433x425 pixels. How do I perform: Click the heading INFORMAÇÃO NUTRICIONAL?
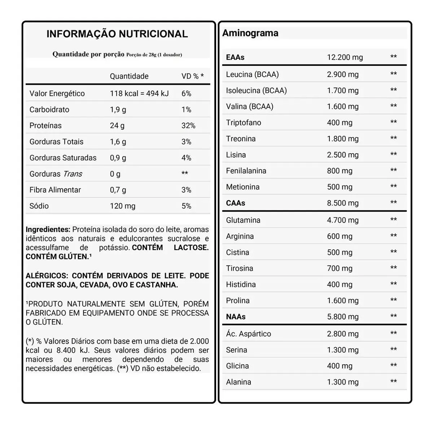(117, 34)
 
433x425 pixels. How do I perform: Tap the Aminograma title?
(250, 33)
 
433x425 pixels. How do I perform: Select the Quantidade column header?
(129, 76)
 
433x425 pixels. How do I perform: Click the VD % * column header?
(192, 76)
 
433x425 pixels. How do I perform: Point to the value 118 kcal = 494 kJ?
(139, 94)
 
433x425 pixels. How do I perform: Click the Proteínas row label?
(45, 126)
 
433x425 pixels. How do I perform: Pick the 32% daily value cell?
(188, 126)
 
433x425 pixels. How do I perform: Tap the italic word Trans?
(73, 174)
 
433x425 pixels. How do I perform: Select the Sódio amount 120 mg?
(123, 206)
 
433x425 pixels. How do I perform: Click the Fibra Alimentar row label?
(55, 190)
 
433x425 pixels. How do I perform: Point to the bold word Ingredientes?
(48, 229)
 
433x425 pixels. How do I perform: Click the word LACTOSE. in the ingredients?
(191, 248)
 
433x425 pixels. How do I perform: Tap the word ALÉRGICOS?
(46, 276)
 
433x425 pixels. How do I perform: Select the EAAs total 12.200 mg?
(345, 57)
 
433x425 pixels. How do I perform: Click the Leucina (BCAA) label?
(252, 74)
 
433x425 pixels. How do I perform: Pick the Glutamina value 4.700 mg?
(342, 220)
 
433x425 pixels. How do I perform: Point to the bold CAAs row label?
(235, 203)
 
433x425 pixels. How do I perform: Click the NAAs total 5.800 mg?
(342, 317)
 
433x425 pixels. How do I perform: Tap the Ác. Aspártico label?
(248, 334)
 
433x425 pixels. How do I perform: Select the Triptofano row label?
(243, 123)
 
